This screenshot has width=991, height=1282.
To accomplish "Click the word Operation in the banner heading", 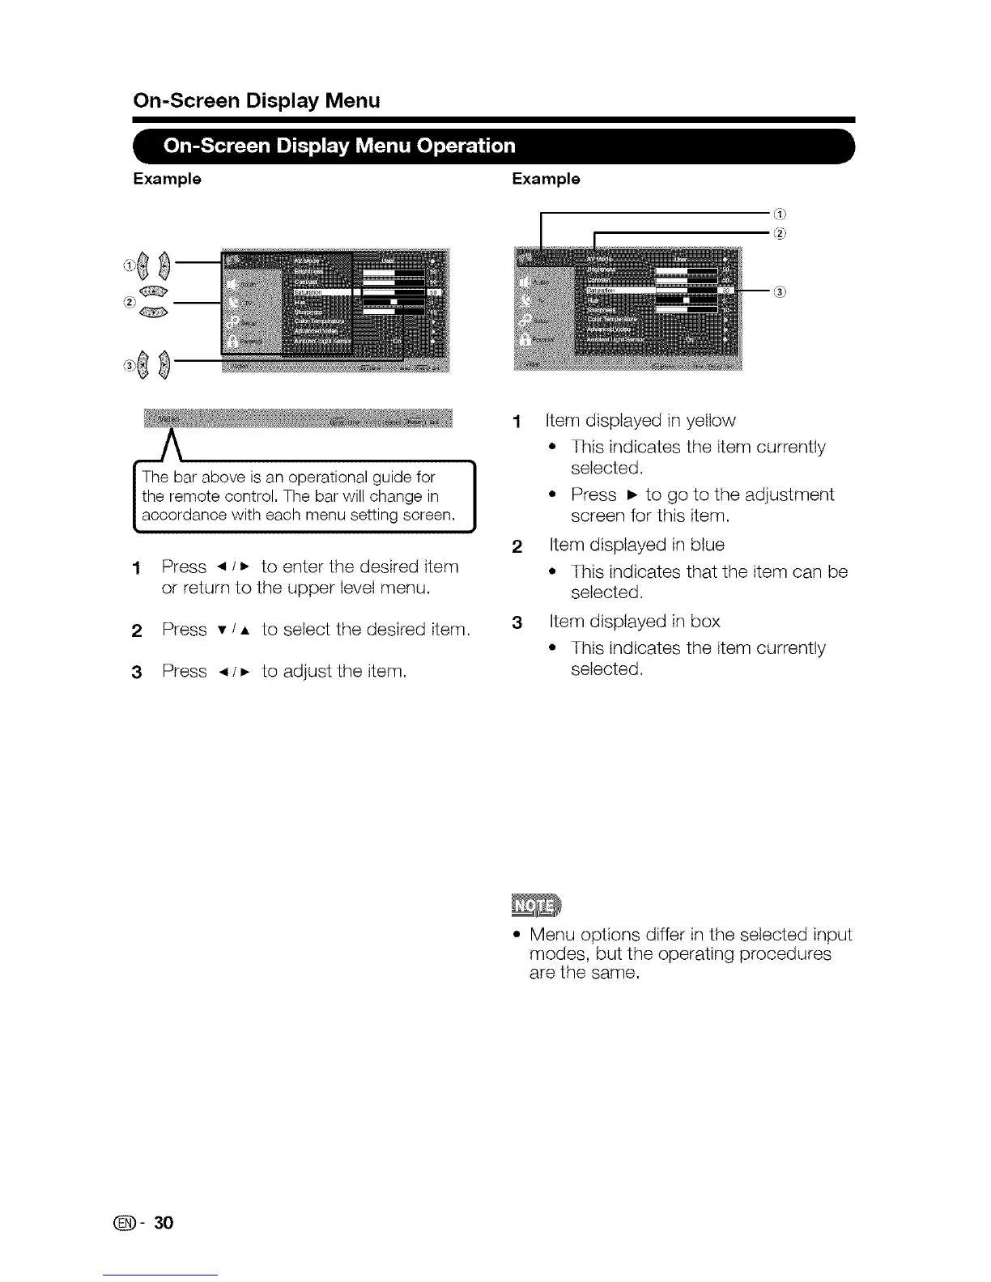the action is (467, 146).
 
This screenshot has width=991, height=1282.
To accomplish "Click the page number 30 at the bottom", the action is (164, 1222).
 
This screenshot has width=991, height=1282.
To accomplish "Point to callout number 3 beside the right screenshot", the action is (780, 292).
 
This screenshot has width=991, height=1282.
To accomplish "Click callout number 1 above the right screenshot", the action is (780, 214).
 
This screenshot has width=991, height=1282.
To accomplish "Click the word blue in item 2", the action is (704, 545).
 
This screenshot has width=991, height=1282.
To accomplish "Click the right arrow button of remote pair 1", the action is (164, 264).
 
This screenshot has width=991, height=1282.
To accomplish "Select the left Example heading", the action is (168, 179).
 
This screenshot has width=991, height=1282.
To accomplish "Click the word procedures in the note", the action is (780, 954).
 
